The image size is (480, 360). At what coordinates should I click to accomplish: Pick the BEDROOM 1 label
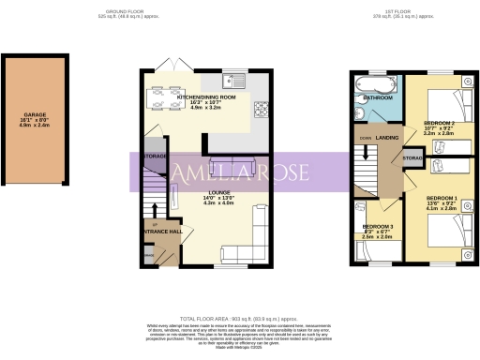pos(440,198)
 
